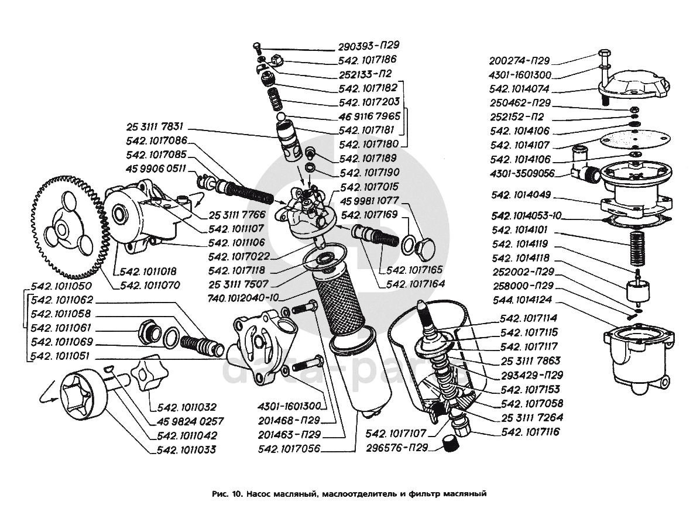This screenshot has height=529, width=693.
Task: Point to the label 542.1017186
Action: [x=368, y=59]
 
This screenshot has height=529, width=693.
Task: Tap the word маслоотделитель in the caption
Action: [x=356, y=493]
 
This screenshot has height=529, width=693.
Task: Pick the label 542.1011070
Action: [x=150, y=286]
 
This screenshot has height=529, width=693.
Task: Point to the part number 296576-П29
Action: [x=396, y=448]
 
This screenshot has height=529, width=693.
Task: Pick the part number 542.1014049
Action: [x=522, y=194]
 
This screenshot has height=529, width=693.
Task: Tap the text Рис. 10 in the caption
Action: [x=227, y=493]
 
